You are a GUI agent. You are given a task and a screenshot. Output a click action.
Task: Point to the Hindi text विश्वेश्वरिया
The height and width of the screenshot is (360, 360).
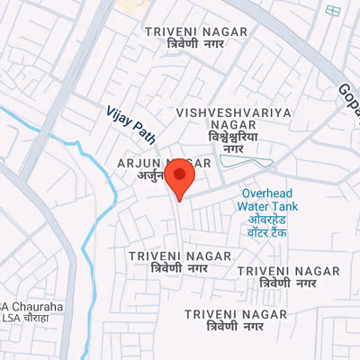(233, 136)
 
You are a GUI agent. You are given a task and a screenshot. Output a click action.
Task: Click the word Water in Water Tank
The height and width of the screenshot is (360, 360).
(253, 206)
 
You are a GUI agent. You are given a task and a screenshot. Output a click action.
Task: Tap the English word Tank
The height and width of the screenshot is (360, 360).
(284, 206)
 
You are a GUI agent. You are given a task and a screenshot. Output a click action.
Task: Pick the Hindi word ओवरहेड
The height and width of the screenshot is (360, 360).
(266, 220)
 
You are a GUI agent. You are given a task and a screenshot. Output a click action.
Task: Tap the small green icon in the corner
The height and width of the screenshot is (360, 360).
(333, 11)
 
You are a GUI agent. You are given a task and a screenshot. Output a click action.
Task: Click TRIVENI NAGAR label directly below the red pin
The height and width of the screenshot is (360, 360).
(167, 256)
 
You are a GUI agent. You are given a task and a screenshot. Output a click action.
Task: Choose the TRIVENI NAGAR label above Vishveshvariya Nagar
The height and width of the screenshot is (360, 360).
(195, 31)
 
